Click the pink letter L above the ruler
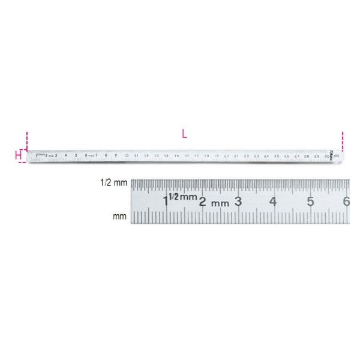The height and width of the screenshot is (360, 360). (184, 134)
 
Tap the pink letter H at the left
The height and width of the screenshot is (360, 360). (18, 156)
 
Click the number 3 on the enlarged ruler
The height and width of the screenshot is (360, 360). (238, 200)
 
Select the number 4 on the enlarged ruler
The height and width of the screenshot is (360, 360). (274, 200)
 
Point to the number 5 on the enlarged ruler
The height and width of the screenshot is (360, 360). (310, 200)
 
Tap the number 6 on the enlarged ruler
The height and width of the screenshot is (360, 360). (346, 200)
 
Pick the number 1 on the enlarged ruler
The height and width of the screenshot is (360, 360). (166, 200)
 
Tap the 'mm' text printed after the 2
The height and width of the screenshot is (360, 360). (220, 203)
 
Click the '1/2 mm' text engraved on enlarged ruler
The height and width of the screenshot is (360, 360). (182, 197)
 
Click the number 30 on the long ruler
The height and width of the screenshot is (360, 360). (327, 155)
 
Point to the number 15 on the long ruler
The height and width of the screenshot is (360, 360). (176, 155)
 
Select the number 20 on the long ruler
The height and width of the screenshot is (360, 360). (226, 155)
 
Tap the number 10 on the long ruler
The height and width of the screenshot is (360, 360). (126, 155)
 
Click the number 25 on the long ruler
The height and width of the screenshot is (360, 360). (277, 155)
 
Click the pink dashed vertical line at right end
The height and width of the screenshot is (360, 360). (342, 142)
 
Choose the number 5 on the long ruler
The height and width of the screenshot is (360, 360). (76, 155)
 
